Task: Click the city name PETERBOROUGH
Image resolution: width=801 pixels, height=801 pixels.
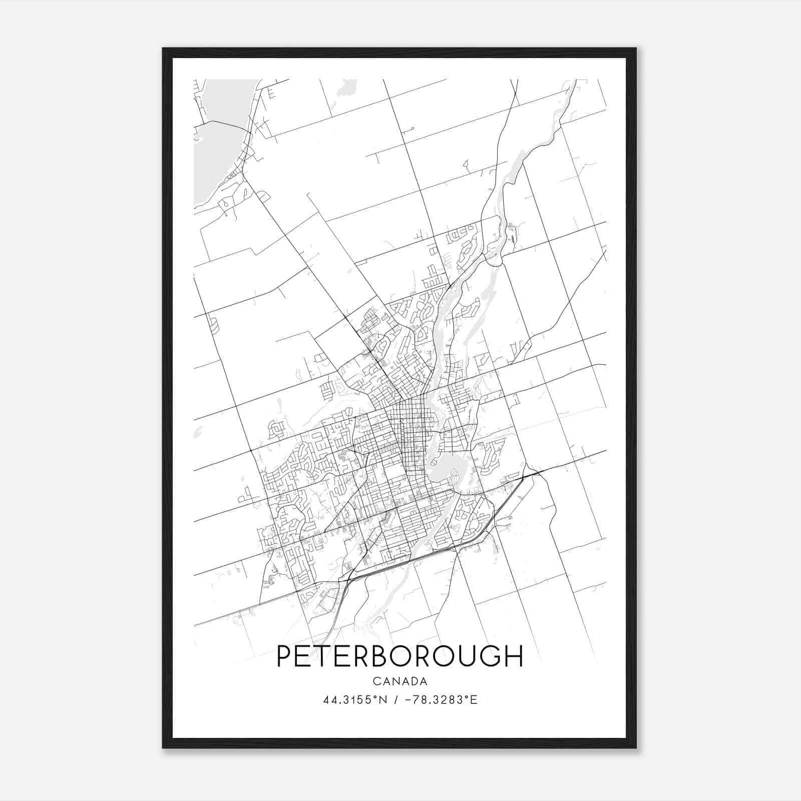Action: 399,656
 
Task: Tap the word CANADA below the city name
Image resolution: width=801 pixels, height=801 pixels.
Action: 399,681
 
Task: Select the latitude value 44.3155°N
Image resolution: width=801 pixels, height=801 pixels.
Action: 355,700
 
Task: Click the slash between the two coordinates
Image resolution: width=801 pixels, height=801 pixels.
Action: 396,700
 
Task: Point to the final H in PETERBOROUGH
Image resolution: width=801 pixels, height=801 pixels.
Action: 513,656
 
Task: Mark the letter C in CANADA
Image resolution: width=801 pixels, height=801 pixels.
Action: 376,681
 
